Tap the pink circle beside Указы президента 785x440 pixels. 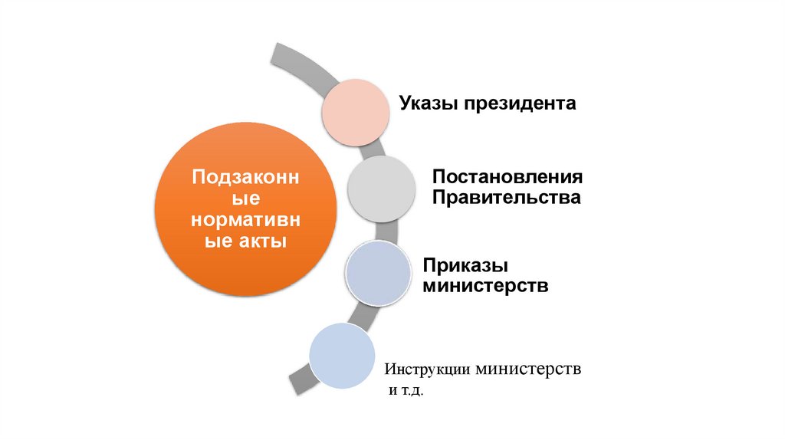pyautogui.click(x=354, y=110)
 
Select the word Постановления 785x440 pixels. pyautogui.click(x=507, y=177)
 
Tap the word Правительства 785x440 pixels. pyautogui.click(x=505, y=198)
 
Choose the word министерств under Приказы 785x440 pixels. pyautogui.click(x=484, y=287)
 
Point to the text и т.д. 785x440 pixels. pyautogui.click(x=404, y=392)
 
